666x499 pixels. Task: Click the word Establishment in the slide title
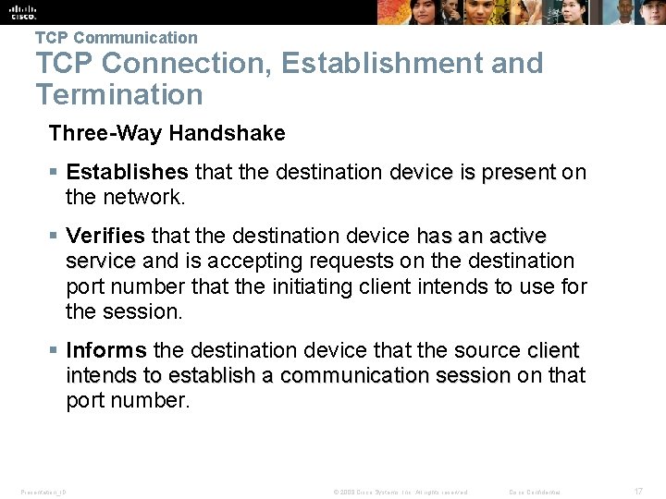[412, 63]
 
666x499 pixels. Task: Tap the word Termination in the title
[118, 94]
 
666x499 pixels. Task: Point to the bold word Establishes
[127, 173]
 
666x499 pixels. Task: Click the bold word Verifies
[105, 237]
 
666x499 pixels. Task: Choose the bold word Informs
[105, 350]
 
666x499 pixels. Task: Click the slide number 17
[636, 492]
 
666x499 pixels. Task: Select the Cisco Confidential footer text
[536, 492]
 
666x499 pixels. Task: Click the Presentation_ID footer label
[43, 492]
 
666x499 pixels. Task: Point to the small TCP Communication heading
[116, 38]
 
